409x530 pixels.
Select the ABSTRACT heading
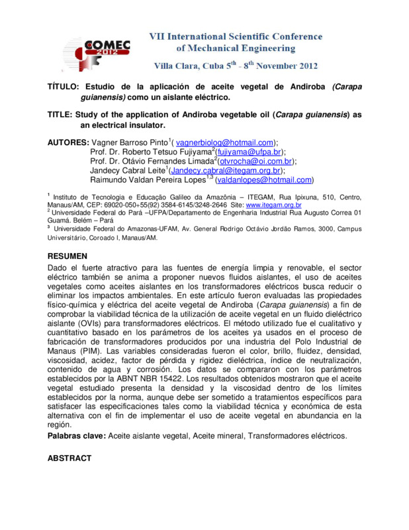[73, 458]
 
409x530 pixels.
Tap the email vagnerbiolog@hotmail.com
[226, 142]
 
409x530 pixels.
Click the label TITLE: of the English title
[62, 115]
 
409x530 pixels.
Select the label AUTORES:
[68, 142]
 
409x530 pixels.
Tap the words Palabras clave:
[77, 437]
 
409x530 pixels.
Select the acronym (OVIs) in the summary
[88, 322]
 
